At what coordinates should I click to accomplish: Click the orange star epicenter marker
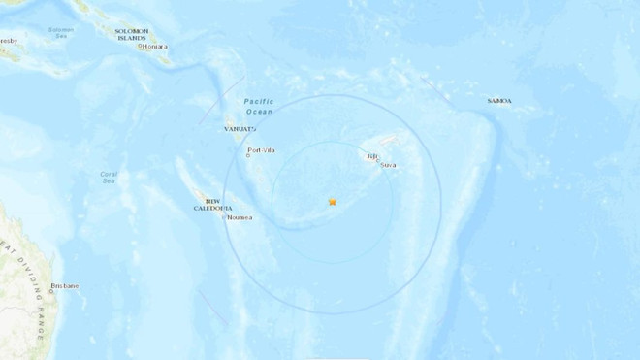point(333,202)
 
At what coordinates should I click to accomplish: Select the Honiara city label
point(155,46)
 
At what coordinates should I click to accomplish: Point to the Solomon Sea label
point(60,32)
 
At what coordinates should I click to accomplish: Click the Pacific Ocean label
point(259,106)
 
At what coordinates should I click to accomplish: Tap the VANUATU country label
point(238,128)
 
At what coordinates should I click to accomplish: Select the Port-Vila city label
point(262,149)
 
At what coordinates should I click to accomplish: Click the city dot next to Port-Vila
point(247,155)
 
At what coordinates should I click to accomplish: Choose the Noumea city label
point(240,217)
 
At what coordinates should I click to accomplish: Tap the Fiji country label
point(371,156)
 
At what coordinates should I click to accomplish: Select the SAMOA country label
point(499,101)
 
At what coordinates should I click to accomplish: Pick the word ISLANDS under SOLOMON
point(132,38)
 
